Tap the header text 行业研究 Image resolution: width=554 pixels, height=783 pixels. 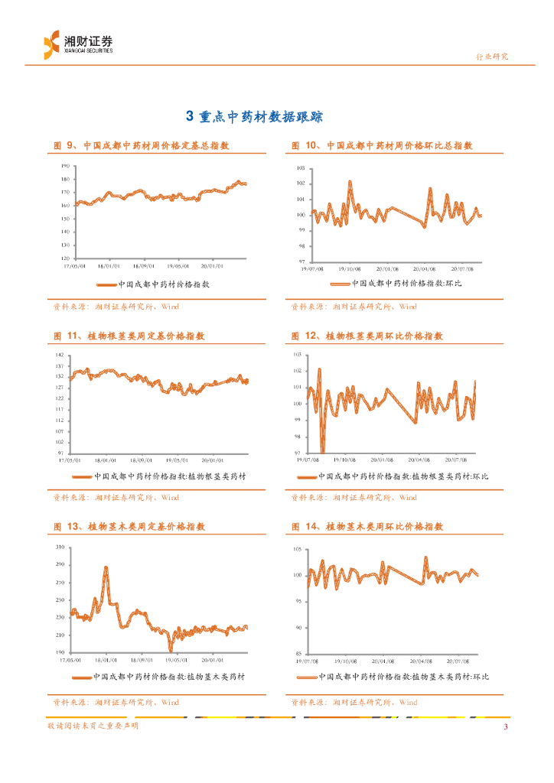[492, 56]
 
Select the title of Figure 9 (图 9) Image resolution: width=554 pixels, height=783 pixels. [142, 145]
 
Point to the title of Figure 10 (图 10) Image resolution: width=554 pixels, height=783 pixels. [382, 145]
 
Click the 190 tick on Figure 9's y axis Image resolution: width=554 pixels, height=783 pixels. [65, 165]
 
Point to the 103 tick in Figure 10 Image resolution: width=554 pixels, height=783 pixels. [300, 167]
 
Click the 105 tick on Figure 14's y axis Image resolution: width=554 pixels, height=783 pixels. [299, 550]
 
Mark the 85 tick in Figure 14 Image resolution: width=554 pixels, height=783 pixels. [301, 653]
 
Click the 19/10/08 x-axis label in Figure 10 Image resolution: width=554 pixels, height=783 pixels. [350, 268]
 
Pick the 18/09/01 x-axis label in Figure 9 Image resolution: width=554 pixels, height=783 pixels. [144, 267]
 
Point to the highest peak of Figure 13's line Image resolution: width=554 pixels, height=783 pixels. [106, 567]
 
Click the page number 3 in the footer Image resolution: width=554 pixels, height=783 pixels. [505, 726]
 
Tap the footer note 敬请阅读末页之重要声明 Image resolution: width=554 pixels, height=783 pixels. [93, 726]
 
